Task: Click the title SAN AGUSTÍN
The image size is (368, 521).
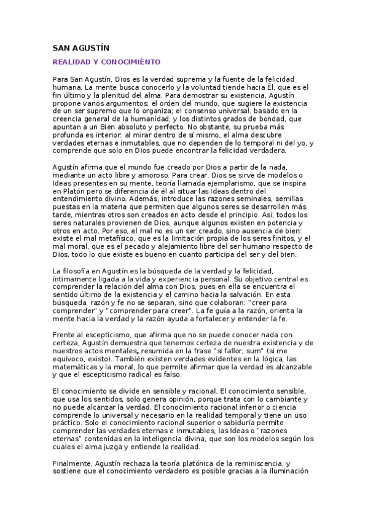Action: coord(81,48)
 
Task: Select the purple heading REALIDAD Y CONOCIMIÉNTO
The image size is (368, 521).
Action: coord(106,62)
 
